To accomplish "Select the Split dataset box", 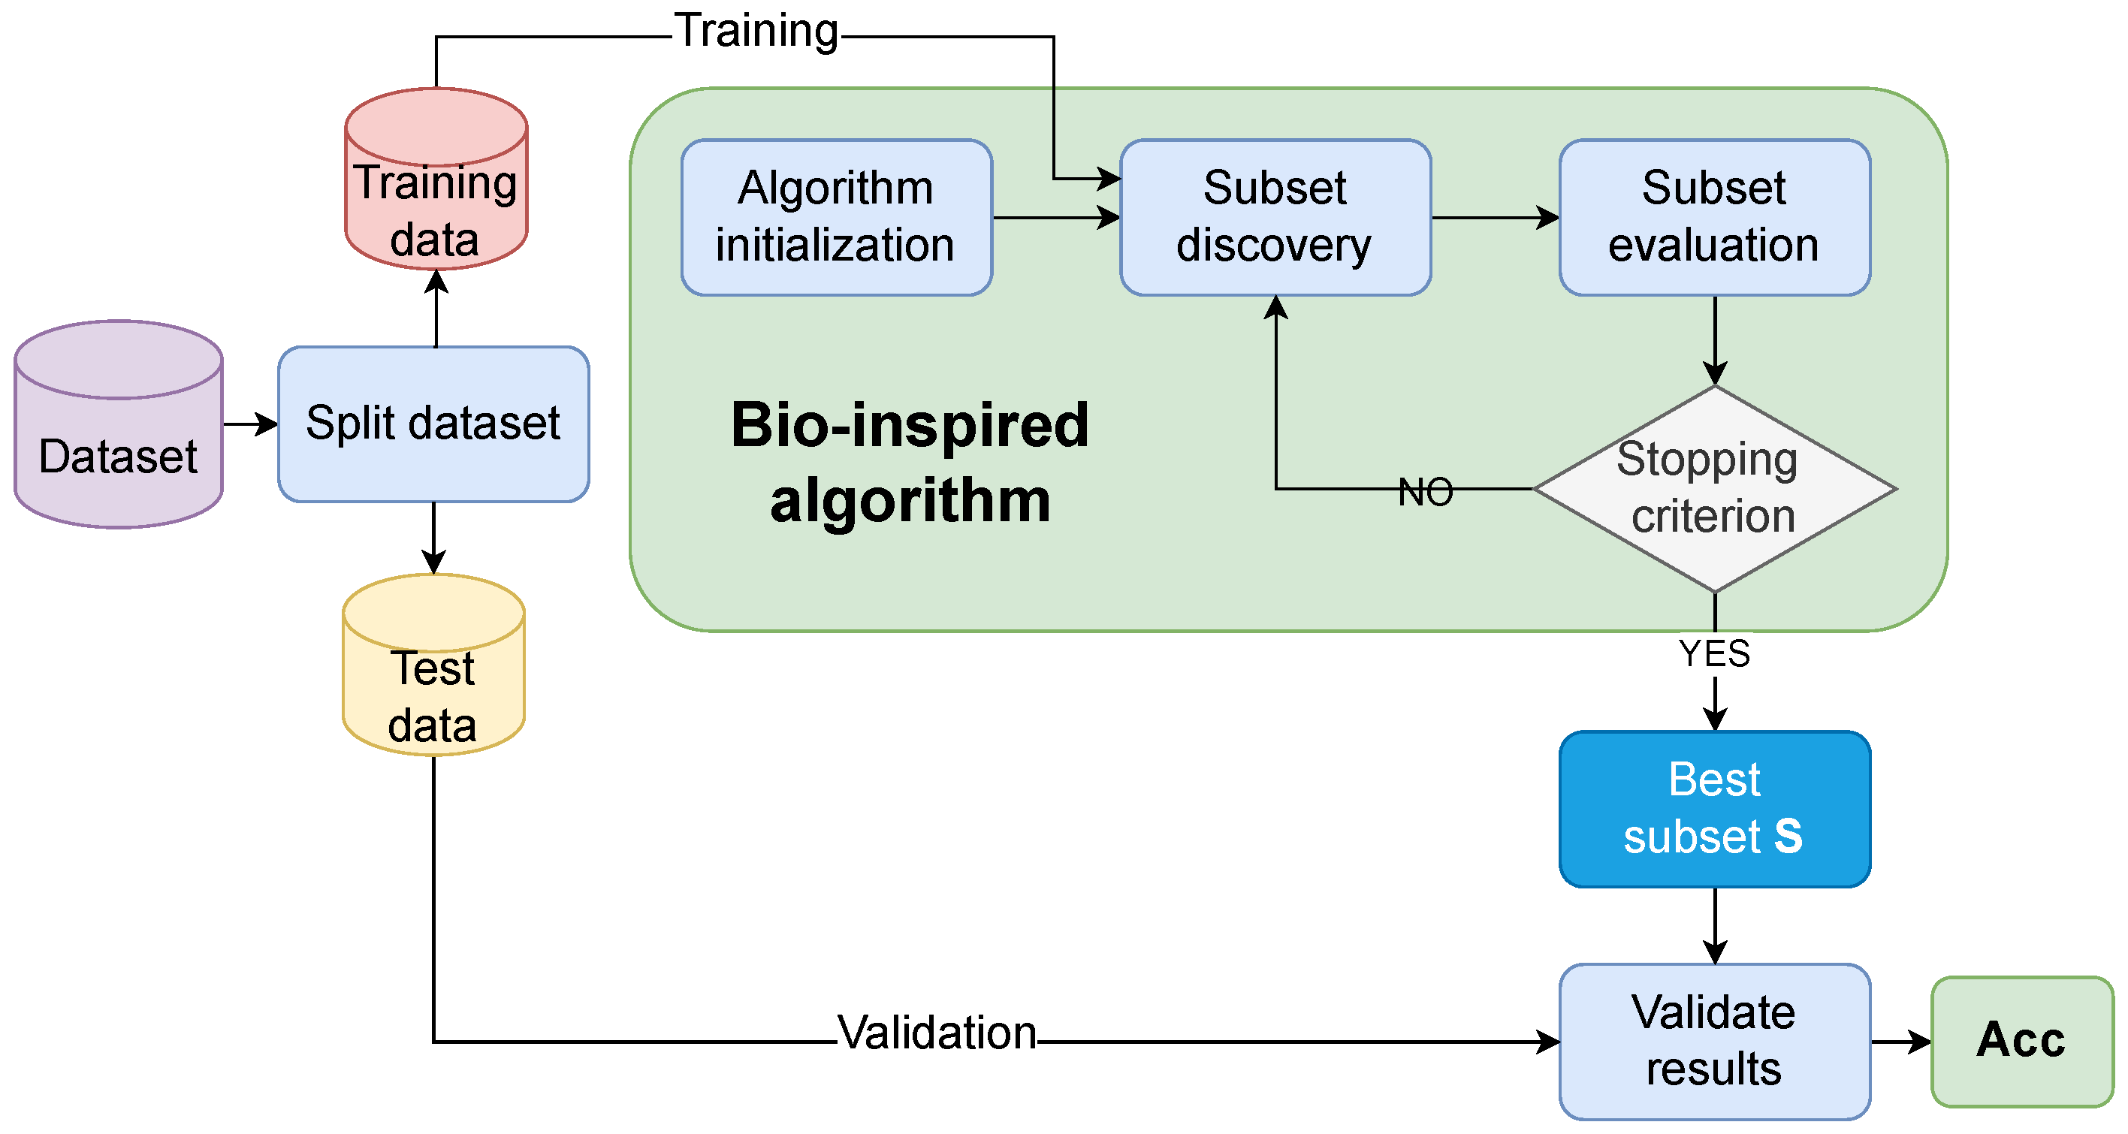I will (433, 424).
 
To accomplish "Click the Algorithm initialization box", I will (836, 217).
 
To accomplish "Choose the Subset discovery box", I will (1275, 217).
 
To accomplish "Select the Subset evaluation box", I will (1714, 217).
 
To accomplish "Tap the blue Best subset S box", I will (1714, 809).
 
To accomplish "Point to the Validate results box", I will (1714, 1041).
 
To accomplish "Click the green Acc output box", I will (2021, 1041).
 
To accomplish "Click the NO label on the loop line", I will (1425, 491).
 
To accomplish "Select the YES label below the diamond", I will (1714, 653).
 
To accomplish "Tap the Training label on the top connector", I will (756, 32).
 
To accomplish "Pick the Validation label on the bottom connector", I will (937, 1033).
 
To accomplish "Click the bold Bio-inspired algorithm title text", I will (910, 463).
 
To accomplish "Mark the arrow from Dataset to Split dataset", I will (250, 424).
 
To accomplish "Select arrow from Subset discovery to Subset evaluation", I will (1496, 218).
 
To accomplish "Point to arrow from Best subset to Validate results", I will (1715, 926).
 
